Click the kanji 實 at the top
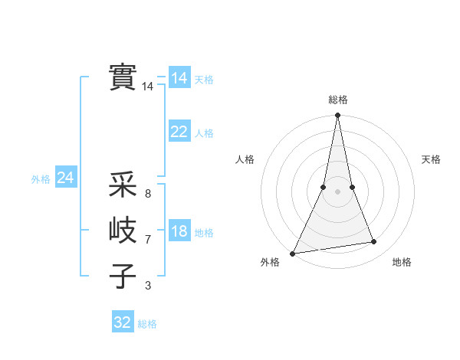(123, 77)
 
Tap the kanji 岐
(123, 230)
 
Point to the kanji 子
(123, 276)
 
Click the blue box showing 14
(179, 77)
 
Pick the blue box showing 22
(179, 132)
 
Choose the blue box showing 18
(179, 231)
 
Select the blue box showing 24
(65, 178)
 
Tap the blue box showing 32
(123, 322)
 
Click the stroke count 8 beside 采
(148, 194)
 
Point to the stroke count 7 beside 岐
(148, 240)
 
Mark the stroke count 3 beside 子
(148, 286)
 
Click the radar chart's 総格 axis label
(338, 100)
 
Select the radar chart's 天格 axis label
(432, 159)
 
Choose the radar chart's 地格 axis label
(402, 262)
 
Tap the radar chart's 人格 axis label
(245, 159)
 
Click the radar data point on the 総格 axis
(338, 116)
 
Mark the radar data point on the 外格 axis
(293, 253)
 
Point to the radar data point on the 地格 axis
(374, 242)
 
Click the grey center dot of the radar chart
(338, 191)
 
